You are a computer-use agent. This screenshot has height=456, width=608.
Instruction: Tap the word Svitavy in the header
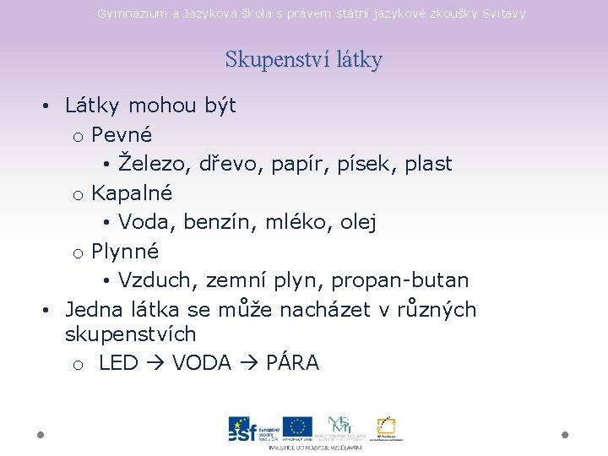tap(503, 14)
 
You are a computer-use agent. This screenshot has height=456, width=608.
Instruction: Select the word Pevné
tap(122, 134)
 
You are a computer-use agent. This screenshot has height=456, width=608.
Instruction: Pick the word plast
tap(428, 163)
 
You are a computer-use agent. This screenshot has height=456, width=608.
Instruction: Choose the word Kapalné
tap(132, 193)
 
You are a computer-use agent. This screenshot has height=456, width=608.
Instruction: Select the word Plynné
tap(125, 251)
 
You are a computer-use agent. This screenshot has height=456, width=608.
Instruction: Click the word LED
tap(118, 363)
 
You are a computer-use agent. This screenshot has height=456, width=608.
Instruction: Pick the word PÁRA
tap(292, 363)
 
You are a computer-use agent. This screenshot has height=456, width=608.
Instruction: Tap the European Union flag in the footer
tap(297, 427)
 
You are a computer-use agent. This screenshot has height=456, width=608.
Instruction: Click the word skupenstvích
tap(130, 334)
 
